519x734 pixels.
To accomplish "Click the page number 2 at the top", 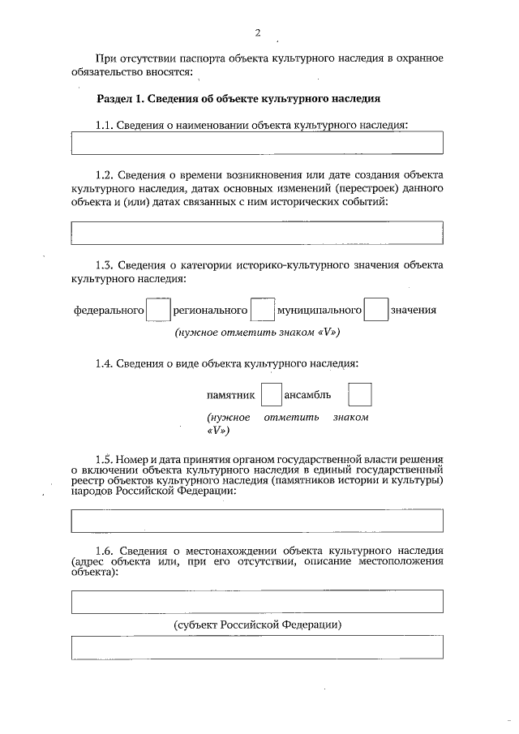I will point(257,33).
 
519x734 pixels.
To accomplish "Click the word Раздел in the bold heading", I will point(114,99).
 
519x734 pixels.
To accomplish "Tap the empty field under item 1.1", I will point(257,143).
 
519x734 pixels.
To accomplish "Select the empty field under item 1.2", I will point(257,233).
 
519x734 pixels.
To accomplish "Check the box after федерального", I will point(158,311).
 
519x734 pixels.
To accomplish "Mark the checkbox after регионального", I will point(262,311).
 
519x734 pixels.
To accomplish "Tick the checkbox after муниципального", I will point(375,311).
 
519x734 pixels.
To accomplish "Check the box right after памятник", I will point(271,395).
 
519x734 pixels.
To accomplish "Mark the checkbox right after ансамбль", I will point(359,395).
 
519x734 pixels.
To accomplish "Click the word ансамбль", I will point(307,395).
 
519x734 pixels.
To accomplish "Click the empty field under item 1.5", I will point(257,520).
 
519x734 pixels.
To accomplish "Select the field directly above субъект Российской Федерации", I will point(257,602).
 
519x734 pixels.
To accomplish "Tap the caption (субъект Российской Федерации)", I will point(257,625).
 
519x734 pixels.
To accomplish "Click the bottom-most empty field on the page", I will point(257,649).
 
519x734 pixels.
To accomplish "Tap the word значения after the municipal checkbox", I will point(414,311).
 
